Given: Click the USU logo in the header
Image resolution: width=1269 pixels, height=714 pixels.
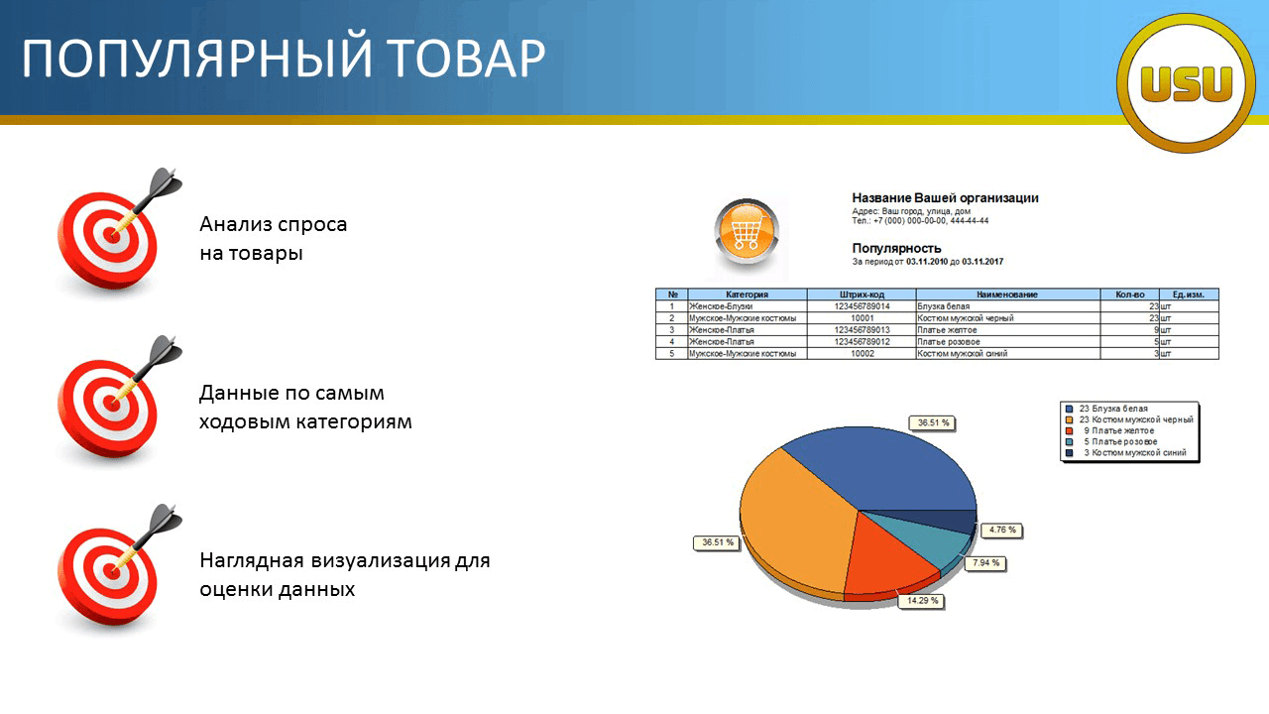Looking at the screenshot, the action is pyautogui.click(x=1187, y=82).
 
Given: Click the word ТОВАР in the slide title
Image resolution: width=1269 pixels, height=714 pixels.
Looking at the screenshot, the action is pyautogui.click(x=467, y=59).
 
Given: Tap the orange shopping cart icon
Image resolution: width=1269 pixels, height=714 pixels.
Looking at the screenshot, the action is pyautogui.click(x=747, y=232).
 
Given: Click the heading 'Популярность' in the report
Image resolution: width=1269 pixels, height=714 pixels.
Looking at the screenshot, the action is pyautogui.click(x=896, y=248).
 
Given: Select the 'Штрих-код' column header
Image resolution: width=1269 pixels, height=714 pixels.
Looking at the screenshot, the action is pyautogui.click(x=862, y=295).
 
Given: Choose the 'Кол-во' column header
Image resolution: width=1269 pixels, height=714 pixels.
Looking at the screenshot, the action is pyautogui.click(x=1129, y=295).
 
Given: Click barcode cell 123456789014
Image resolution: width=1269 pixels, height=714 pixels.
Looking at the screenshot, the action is pyautogui.click(x=862, y=306).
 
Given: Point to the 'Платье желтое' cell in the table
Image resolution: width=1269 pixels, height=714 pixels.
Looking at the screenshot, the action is pyautogui.click(x=947, y=330).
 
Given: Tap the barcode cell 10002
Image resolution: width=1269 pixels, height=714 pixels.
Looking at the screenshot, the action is pyautogui.click(x=863, y=354).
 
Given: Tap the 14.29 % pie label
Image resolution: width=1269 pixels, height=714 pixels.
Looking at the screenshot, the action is pyautogui.click(x=922, y=601).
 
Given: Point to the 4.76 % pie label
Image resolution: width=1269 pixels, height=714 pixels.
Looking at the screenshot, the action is pyautogui.click(x=1002, y=530).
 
